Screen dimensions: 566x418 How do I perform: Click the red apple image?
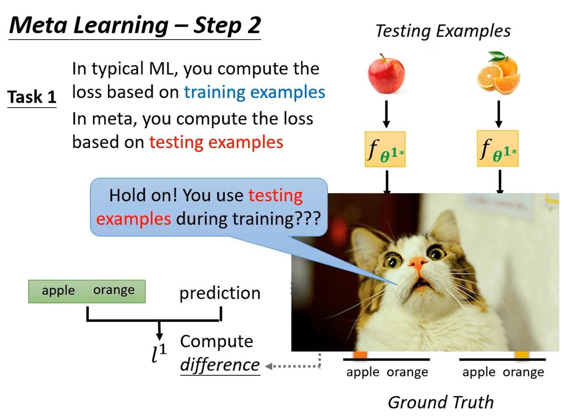(x=386, y=74)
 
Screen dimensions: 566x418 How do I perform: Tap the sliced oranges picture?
(x=498, y=73)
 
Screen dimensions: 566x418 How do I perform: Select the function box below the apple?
(x=385, y=149)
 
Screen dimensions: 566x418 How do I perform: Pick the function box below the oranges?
(x=498, y=148)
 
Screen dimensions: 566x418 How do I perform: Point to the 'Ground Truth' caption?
(x=441, y=402)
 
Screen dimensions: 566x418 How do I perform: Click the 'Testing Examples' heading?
(x=443, y=31)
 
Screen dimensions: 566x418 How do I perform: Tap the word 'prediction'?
(x=220, y=294)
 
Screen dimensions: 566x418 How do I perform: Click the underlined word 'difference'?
(x=220, y=364)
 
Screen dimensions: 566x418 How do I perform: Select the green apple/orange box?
(x=87, y=291)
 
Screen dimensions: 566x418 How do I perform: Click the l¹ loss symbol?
(x=159, y=353)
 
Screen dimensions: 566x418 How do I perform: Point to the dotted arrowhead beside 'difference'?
(x=269, y=366)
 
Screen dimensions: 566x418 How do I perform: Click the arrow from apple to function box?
(x=386, y=114)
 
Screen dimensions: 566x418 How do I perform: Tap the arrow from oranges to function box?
(x=498, y=114)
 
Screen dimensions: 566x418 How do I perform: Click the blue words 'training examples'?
(x=254, y=92)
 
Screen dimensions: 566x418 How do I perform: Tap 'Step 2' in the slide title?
(x=227, y=25)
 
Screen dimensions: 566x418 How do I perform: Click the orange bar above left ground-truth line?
(x=360, y=355)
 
